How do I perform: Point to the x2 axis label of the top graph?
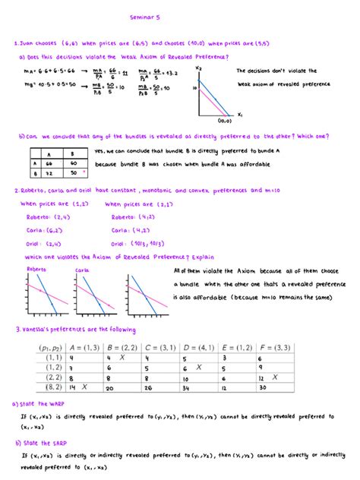point(199,68)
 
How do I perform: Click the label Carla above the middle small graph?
point(82,269)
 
